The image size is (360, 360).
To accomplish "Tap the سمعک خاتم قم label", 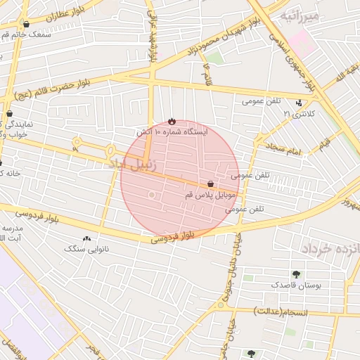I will click(28, 34).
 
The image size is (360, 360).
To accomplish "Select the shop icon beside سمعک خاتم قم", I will click(27, 24).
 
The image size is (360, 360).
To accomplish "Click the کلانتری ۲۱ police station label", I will click(296, 113).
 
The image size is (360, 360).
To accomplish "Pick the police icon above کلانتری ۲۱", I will click(300, 103).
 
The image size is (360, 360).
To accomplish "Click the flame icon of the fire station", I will click(172, 120).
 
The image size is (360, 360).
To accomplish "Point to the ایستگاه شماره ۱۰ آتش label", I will click(172, 131).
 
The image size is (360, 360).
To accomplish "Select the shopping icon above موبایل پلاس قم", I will click(211, 184).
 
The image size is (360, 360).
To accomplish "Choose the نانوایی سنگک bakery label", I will click(84, 248).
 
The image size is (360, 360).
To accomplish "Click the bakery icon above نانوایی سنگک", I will click(86, 238).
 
